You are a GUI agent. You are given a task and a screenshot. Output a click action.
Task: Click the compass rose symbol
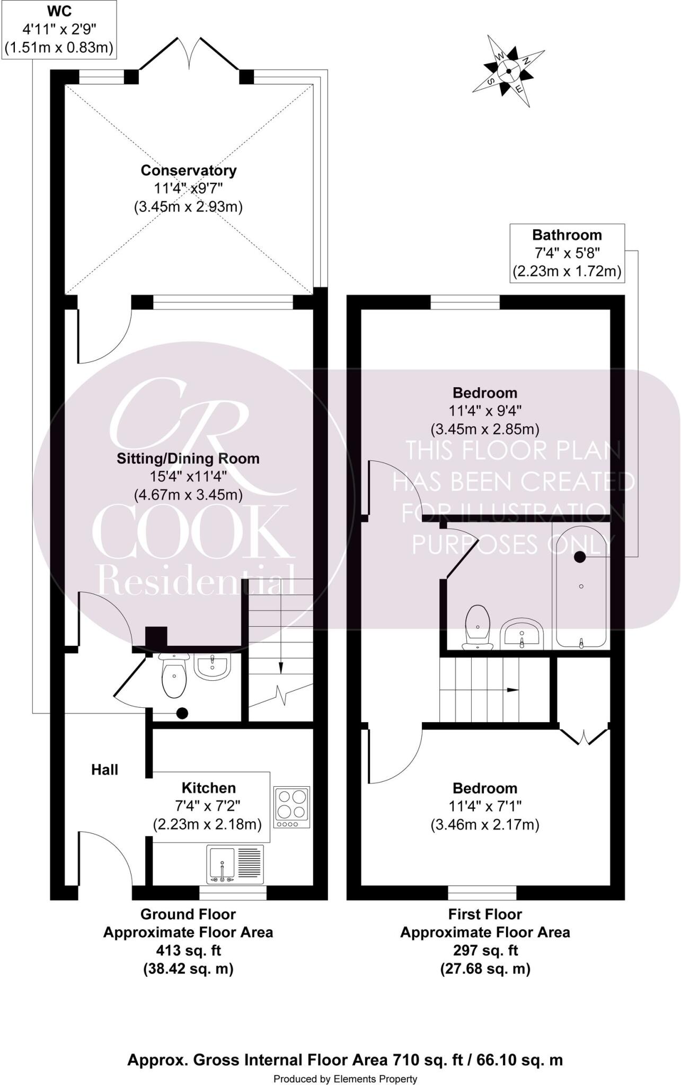tap(508, 70)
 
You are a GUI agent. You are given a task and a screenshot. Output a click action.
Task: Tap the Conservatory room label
tap(188, 171)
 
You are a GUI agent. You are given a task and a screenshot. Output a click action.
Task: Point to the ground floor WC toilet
tap(173, 677)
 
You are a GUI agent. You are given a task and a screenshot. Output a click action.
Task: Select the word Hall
tap(104, 770)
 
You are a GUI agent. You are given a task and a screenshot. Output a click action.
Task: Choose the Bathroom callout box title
tap(567, 235)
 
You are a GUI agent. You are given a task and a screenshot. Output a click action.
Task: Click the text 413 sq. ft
tap(188, 950)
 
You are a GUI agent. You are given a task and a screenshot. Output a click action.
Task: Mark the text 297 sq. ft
tap(485, 950)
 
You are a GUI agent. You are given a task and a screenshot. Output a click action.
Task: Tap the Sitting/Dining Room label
tap(188, 459)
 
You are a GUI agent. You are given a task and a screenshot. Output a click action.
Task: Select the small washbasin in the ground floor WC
tap(213, 666)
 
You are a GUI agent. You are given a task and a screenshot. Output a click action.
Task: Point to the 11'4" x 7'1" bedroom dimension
tap(485, 806)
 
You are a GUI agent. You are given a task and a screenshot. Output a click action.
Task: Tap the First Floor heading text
tap(485, 914)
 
